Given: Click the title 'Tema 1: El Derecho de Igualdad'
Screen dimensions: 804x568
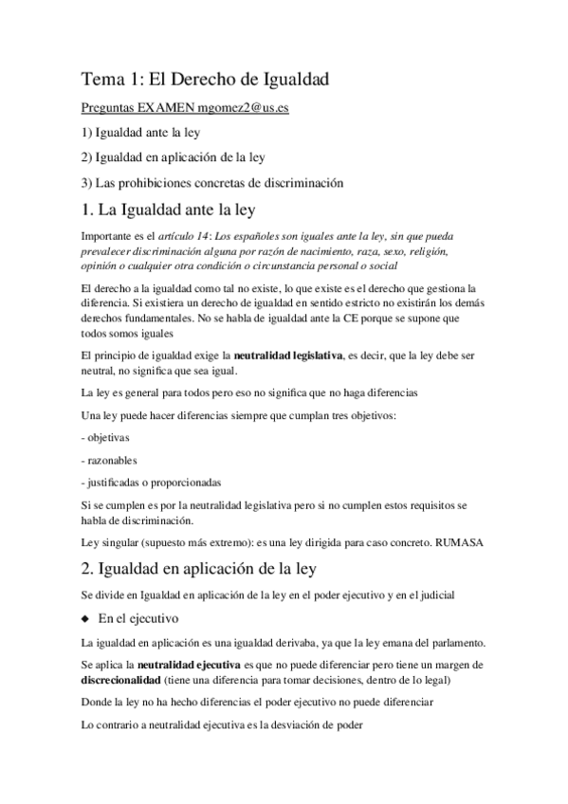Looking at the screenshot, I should click(x=205, y=80).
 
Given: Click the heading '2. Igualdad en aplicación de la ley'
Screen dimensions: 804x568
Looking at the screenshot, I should click(x=205, y=569).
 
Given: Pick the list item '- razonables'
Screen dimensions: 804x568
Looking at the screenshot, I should click(x=108, y=461).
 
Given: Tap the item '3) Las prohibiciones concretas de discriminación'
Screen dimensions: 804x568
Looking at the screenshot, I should click(x=212, y=182).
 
